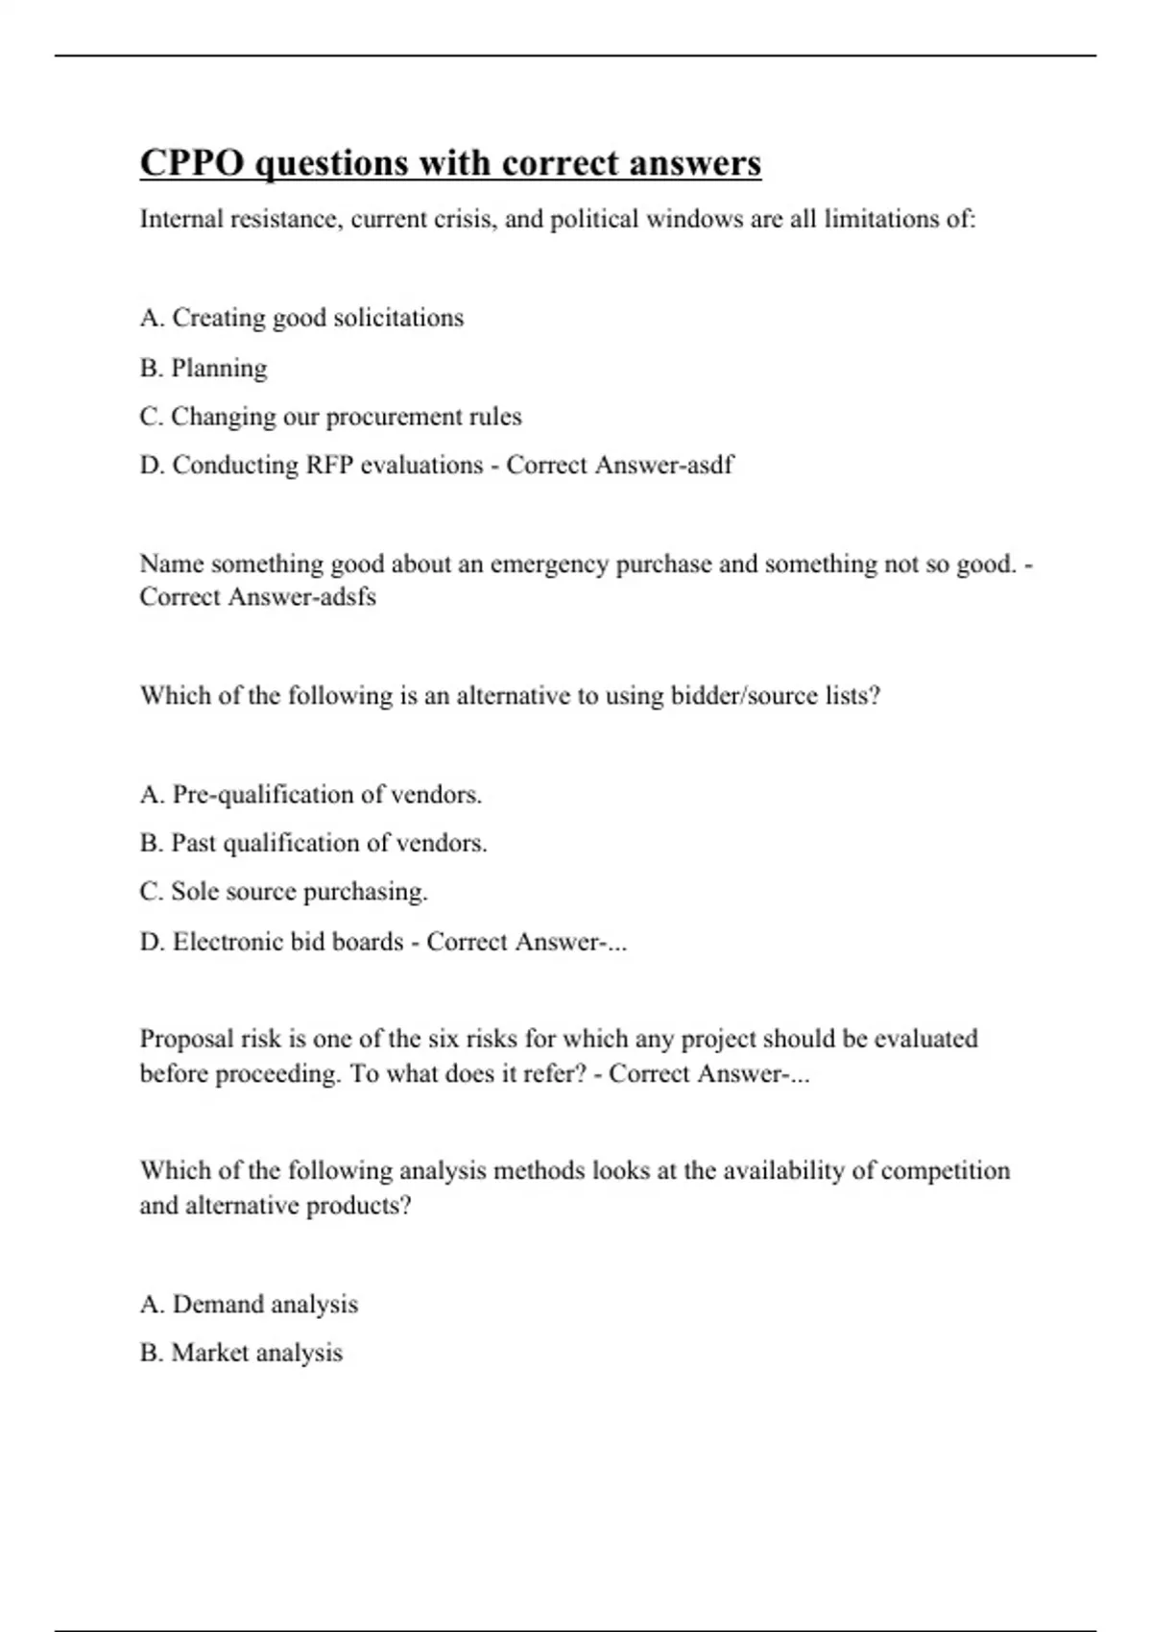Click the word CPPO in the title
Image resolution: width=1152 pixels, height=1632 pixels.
click(192, 163)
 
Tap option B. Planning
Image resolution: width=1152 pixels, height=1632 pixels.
click(204, 368)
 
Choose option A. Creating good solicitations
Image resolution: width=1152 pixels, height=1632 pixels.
click(301, 318)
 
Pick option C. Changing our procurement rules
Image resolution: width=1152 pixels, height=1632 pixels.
click(330, 417)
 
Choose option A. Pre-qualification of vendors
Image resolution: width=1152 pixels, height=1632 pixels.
click(310, 795)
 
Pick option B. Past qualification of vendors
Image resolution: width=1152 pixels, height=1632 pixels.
click(313, 843)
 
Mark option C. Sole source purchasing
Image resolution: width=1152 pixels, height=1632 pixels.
click(283, 892)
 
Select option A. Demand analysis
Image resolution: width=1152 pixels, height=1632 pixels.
click(249, 1305)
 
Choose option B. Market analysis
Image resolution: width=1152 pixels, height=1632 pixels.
click(241, 1353)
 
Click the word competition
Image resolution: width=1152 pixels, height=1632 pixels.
click(945, 1171)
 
